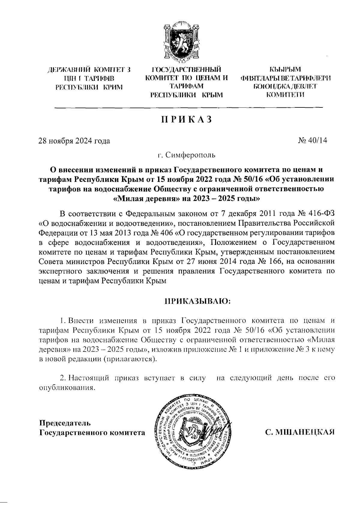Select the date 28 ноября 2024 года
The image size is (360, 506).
point(74,141)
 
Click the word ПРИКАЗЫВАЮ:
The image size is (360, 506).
point(197,301)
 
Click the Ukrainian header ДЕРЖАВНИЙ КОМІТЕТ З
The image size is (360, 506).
point(89,71)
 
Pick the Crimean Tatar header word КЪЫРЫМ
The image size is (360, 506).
point(285,70)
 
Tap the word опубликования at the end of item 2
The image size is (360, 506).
point(67,387)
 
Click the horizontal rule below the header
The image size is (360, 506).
point(188,107)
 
